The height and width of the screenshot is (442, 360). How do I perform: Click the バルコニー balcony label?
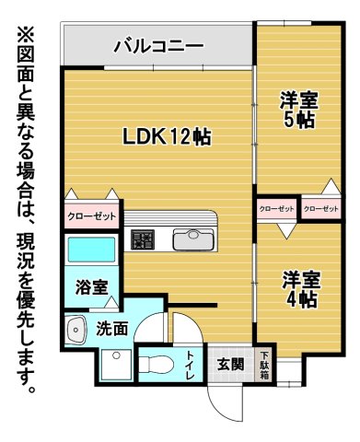click(x=157, y=44)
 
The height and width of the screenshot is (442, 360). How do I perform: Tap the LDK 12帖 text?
click(x=168, y=137)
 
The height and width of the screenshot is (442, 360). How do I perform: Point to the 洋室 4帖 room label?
click(x=301, y=288)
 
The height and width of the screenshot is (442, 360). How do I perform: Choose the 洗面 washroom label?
click(x=112, y=327)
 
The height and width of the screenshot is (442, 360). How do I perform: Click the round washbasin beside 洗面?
click(x=75, y=328)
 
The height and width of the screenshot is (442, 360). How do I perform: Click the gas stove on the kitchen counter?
click(x=143, y=240)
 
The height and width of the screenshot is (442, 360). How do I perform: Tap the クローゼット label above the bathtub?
click(x=91, y=217)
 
